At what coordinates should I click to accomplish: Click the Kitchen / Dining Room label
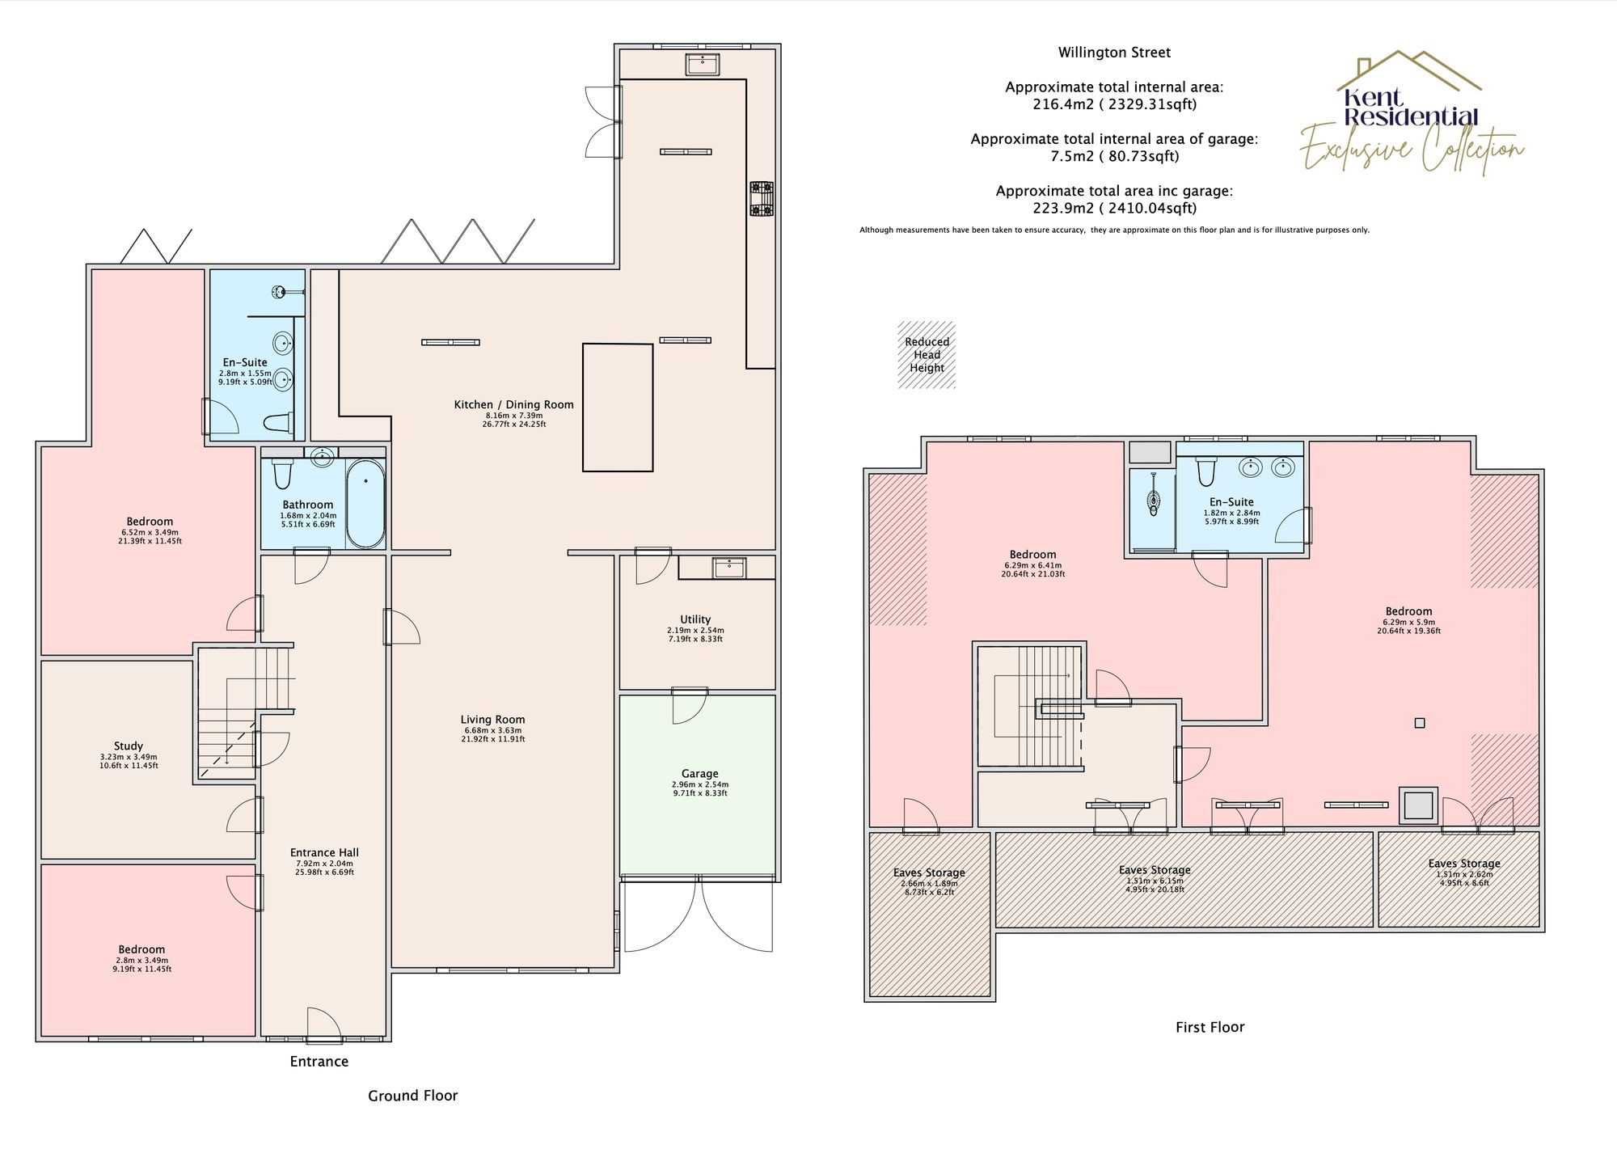pyautogui.click(x=513, y=405)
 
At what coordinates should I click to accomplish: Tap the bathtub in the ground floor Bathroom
pyautogui.click(x=365, y=504)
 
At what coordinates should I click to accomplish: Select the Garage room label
pyautogui.click(x=699, y=774)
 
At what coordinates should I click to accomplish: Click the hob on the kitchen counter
pyautogui.click(x=761, y=199)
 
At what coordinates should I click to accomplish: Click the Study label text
pyautogui.click(x=129, y=746)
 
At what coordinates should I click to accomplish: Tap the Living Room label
pyautogui.click(x=492, y=720)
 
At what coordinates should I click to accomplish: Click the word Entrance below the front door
pyautogui.click(x=319, y=1062)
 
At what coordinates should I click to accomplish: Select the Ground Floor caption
pyautogui.click(x=412, y=1096)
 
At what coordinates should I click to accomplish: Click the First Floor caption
pyautogui.click(x=1210, y=1027)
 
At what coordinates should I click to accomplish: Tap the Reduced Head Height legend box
pyautogui.click(x=927, y=355)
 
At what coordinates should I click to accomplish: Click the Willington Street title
pyautogui.click(x=1114, y=53)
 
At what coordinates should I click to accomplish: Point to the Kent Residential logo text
pyautogui.click(x=1411, y=108)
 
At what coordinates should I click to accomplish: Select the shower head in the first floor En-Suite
pyautogui.click(x=1154, y=501)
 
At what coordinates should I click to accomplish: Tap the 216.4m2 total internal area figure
pyautogui.click(x=1114, y=104)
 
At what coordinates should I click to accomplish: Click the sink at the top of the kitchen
pyautogui.click(x=703, y=64)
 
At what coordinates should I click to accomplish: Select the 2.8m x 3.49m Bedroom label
pyautogui.click(x=141, y=949)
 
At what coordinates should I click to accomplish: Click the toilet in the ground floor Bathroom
pyautogui.click(x=281, y=473)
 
